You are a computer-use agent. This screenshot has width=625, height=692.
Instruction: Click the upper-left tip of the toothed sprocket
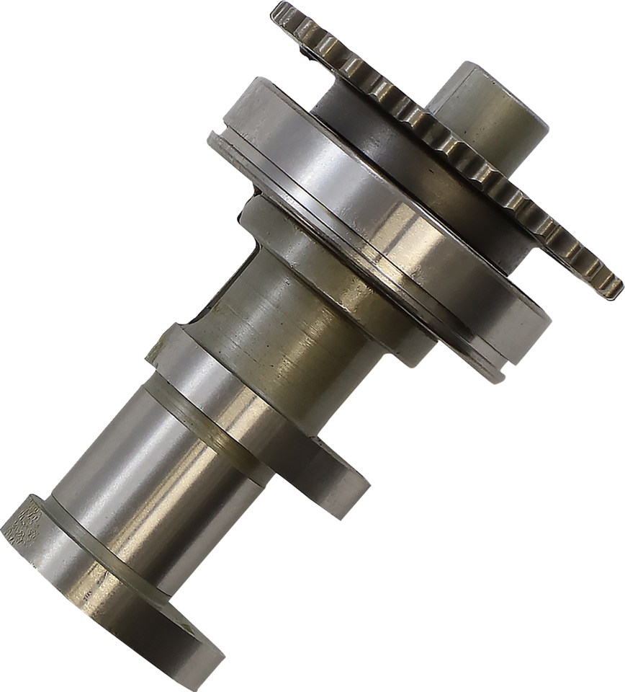278,10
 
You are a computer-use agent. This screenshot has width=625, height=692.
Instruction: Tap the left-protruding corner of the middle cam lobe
153,349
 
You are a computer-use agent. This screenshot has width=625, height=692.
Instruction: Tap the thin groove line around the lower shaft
216,432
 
